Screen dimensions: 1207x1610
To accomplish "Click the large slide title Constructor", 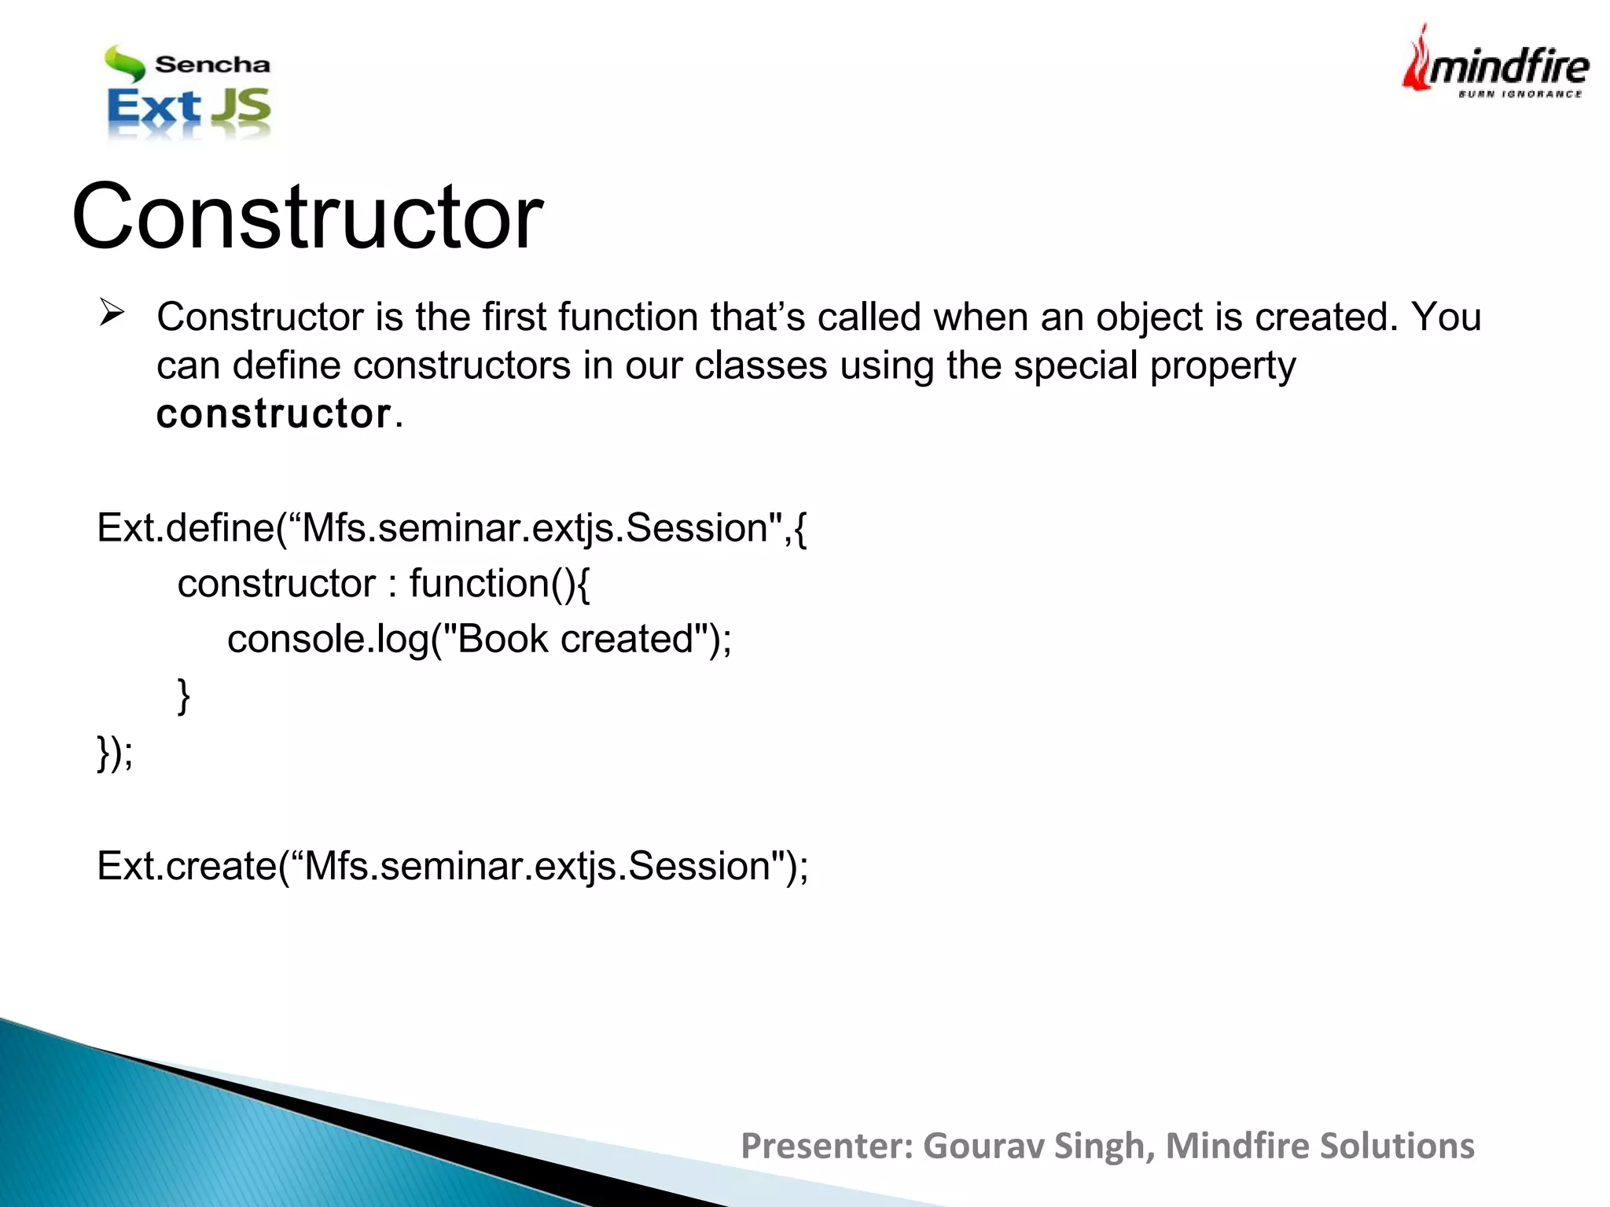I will (307, 216).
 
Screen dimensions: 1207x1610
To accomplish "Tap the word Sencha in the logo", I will (212, 64).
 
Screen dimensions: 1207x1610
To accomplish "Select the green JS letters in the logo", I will (242, 108).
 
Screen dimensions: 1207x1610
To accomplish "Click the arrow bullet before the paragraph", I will (112, 315).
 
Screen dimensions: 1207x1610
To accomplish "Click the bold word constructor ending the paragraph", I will (274, 414).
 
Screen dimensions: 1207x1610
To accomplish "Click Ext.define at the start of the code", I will (186, 527).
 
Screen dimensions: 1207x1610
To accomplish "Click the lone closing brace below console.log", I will (183, 695).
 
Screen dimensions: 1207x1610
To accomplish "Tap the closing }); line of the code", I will (115, 752).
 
